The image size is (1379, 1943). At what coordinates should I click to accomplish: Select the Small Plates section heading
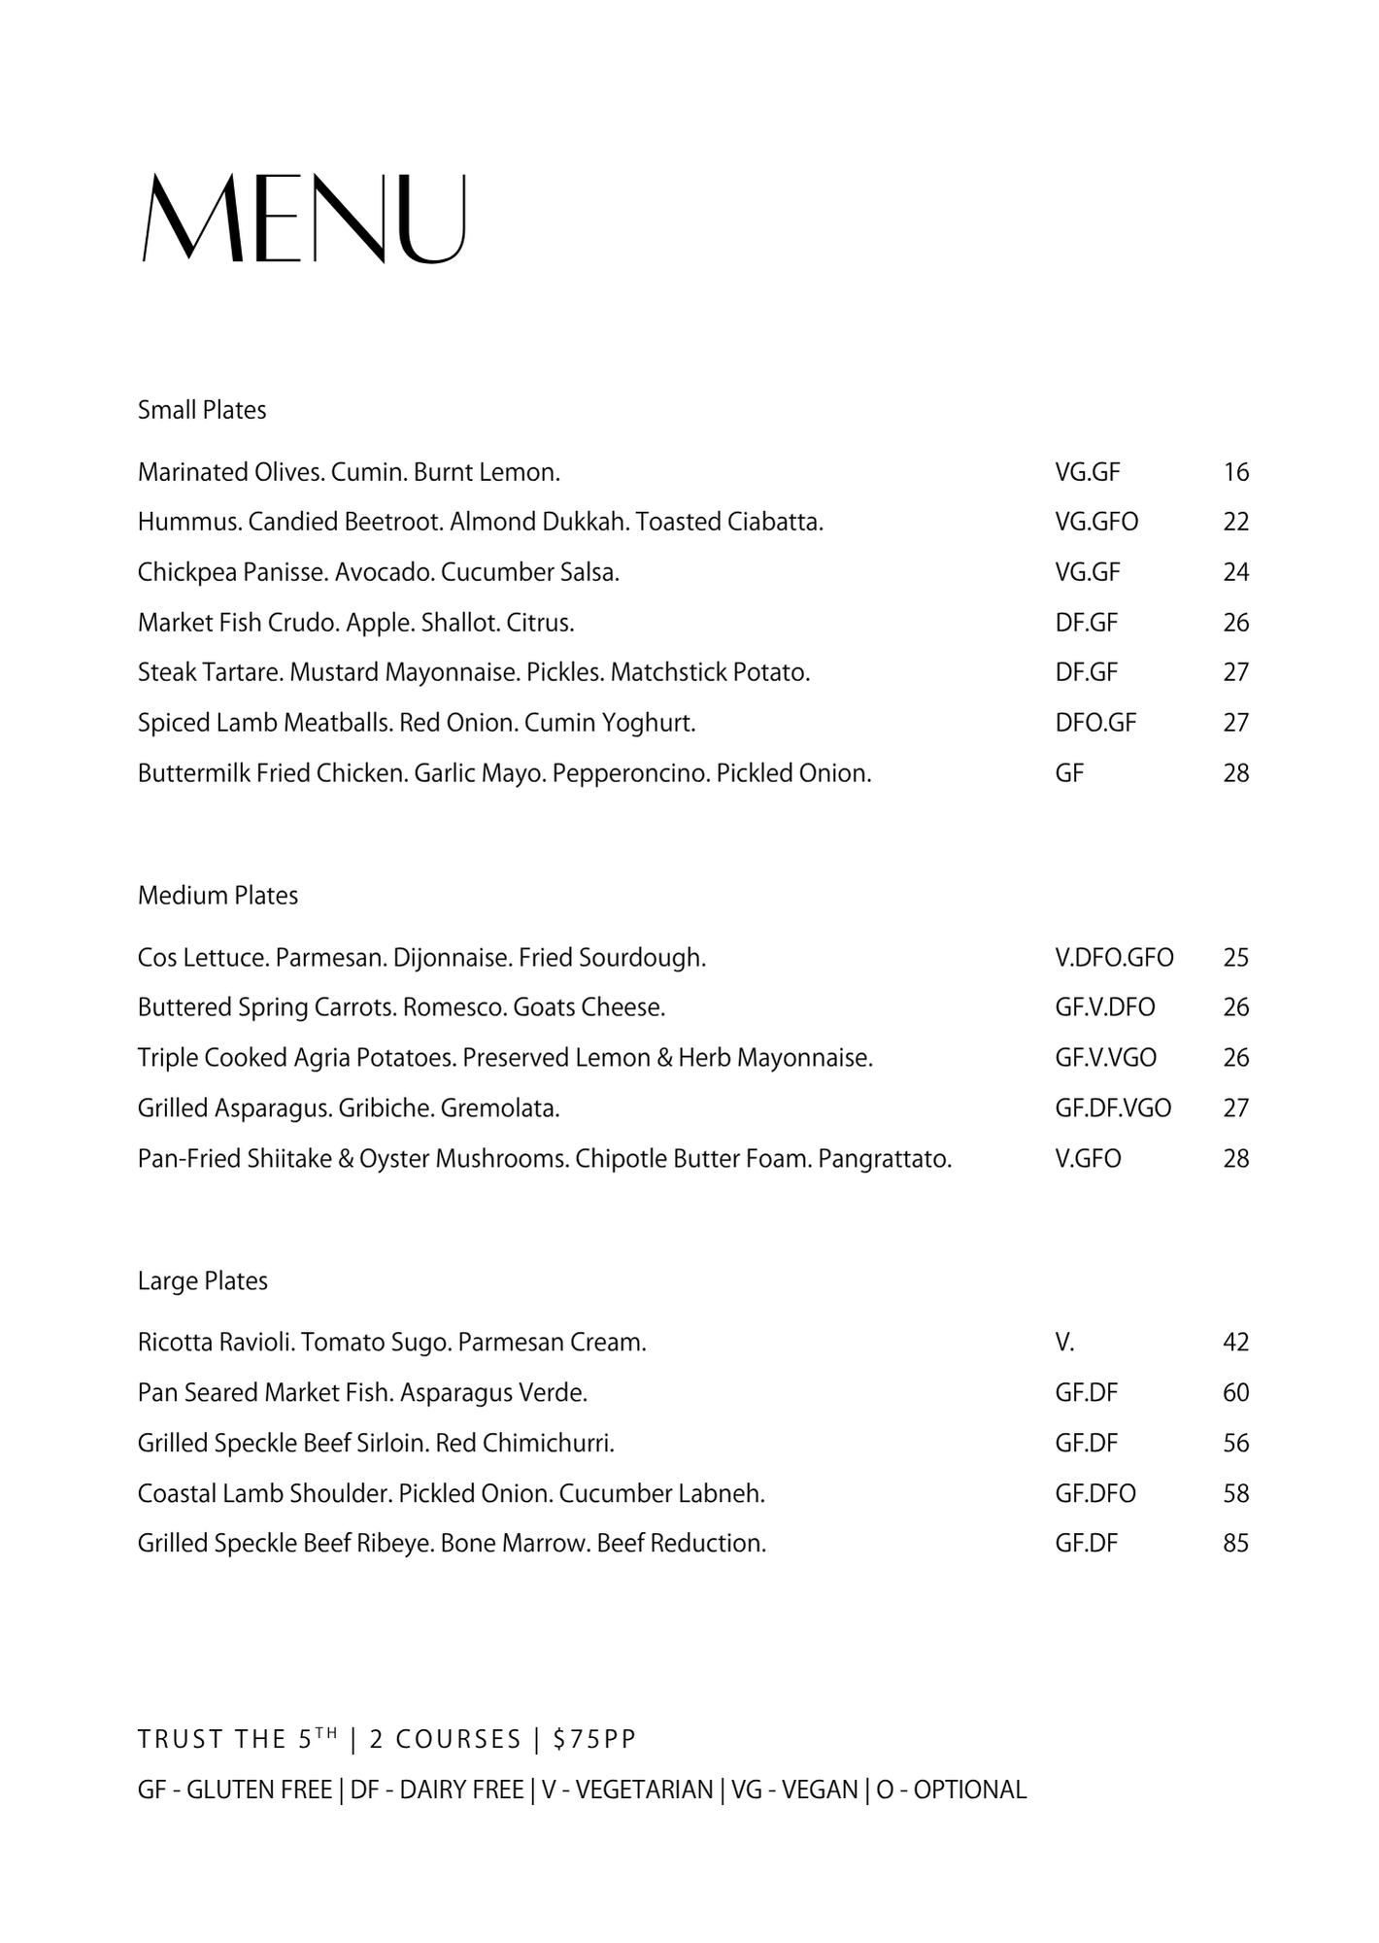(202, 410)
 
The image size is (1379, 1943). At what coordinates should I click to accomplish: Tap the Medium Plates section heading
(218, 895)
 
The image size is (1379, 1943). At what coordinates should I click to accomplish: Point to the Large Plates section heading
(202, 1280)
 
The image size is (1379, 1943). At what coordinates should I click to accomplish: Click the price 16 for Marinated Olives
(1235, 472)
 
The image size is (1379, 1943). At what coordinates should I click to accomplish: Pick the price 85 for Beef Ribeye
(1235, 1543)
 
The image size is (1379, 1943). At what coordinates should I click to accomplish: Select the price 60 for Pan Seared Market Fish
(1235, 1392)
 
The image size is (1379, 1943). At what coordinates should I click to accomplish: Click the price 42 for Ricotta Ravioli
(1235, 1342)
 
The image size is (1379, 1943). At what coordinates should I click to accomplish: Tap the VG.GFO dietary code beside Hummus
(1096, 522)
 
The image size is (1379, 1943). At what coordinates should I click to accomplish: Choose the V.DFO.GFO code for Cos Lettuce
(1114, 957)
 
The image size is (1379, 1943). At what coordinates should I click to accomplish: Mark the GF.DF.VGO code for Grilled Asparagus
(1113, 1108)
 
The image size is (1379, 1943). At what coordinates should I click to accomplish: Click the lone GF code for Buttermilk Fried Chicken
(1069, 773)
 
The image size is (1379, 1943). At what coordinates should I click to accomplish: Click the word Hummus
(188, 522)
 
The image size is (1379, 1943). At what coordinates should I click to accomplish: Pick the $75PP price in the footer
(594, 1739)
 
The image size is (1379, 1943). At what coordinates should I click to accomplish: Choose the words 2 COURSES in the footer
(446, 1739)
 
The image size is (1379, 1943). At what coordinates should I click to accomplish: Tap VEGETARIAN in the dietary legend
(644, 1790)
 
